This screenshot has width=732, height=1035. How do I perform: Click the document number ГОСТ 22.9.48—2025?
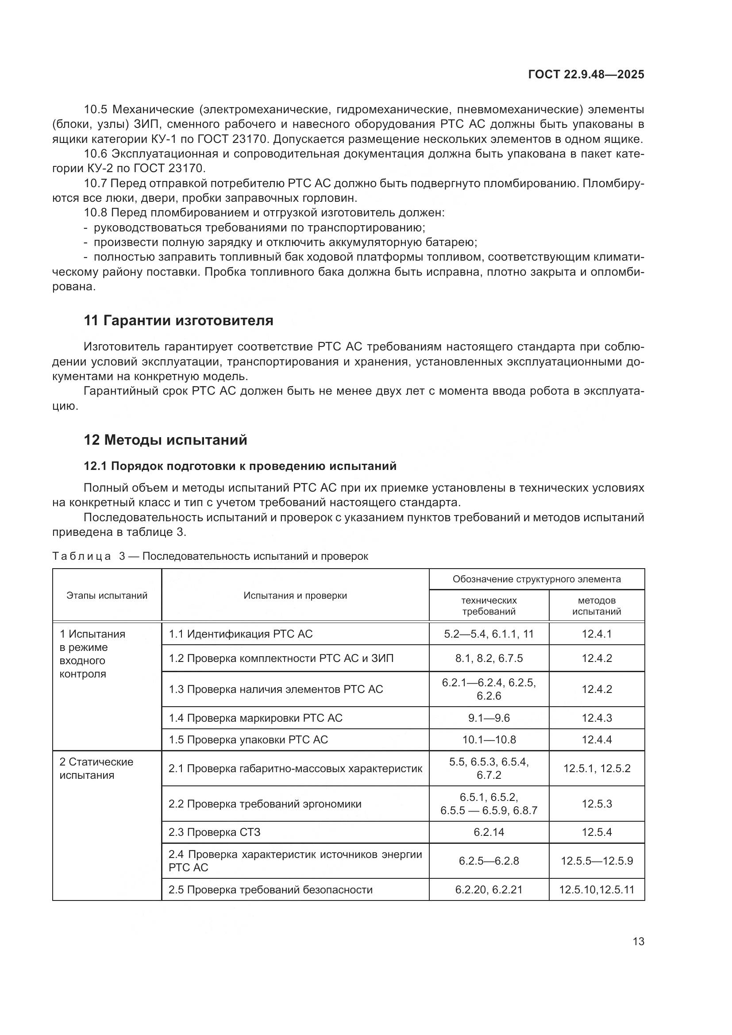pos(586,75)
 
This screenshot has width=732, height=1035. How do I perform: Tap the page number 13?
pos(638,941)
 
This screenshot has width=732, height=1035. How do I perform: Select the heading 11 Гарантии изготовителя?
pos(178,320)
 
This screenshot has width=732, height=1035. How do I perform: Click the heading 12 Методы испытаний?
pos(166,439)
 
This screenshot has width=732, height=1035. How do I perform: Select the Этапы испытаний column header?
pos(107,596)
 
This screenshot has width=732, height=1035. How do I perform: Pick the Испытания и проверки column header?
pos(295,596)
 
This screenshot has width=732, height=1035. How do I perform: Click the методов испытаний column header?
pos(596,606)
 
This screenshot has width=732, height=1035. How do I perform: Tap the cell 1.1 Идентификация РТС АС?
pos(241,634)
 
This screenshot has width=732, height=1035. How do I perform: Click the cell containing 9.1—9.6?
pos(489,718)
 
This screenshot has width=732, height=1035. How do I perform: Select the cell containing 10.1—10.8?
pos(489,740)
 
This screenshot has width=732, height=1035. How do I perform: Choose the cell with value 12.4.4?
pos(596,740)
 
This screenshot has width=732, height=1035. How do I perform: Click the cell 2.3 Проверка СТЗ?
pos(215,832)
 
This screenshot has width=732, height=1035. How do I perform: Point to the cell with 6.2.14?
pos(489,832)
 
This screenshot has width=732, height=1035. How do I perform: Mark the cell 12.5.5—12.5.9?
pos(596,861)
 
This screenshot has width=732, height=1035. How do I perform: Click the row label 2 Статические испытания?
pos(96,769)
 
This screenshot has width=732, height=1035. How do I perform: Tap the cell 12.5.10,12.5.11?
pos(596,890)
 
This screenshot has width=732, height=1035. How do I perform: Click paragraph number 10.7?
pos(95,184)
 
